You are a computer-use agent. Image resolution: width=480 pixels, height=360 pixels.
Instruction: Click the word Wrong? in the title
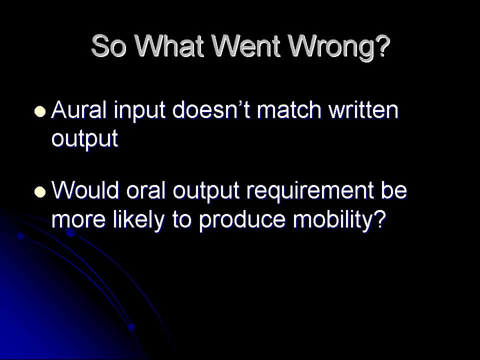coord(339,46)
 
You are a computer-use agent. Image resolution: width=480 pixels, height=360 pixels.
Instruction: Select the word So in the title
coord(109,46)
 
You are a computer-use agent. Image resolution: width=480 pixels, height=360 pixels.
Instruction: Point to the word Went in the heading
coord(246,45)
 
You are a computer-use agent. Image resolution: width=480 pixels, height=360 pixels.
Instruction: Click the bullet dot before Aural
coord(40,111)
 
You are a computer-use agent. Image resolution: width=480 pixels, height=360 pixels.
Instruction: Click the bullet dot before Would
coord(40,192)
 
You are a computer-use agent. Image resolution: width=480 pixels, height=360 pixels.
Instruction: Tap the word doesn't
coord(211,109)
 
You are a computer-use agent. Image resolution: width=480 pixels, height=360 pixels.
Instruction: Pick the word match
coord(289,109)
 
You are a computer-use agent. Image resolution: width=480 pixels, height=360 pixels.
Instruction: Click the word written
coord(363,109)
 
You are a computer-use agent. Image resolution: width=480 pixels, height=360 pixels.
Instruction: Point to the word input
coord(140,111)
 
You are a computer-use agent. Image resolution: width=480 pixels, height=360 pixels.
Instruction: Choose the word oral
coord(145,190)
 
